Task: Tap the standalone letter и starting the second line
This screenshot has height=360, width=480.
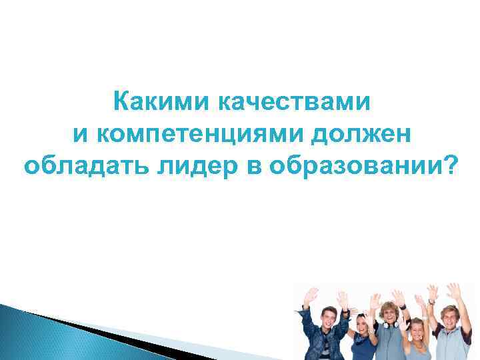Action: point(80,134)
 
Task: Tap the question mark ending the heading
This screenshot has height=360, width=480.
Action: point(451,165)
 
